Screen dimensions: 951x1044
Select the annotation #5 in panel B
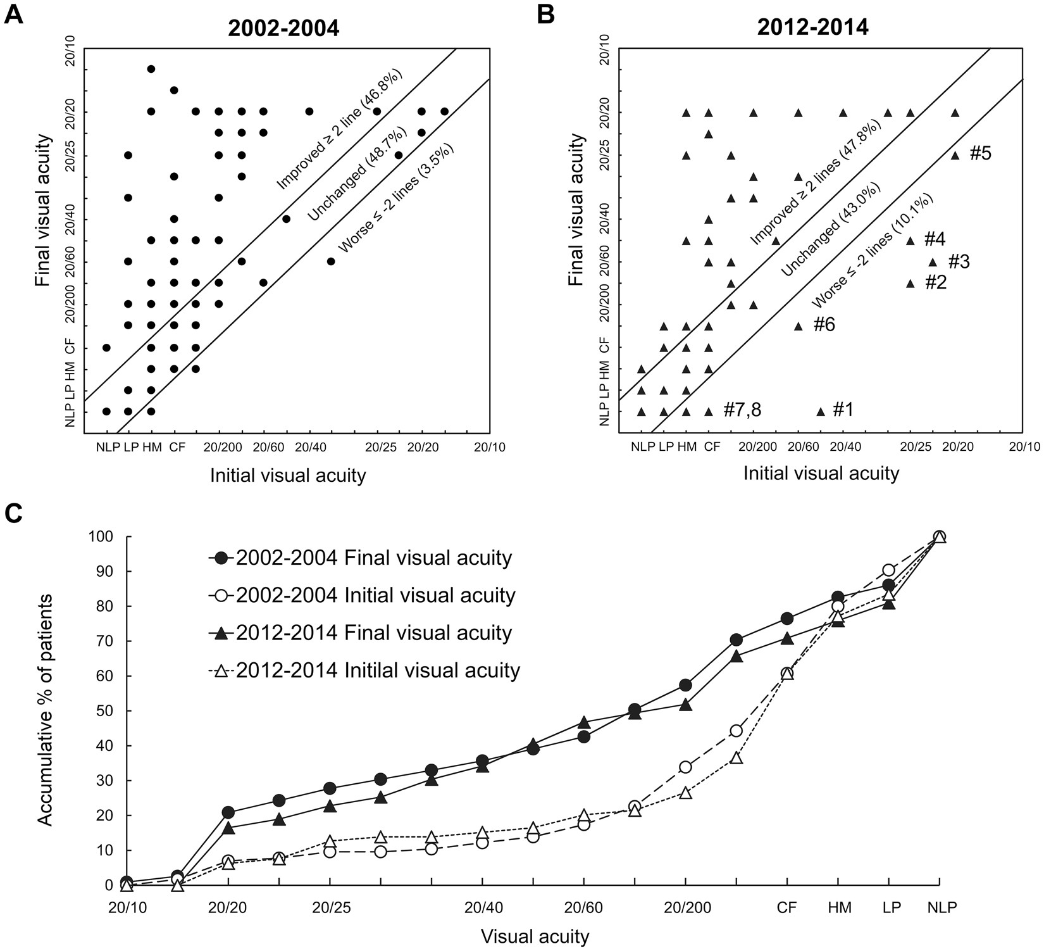click(980, 154)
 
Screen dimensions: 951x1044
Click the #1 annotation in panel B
click(843, 411)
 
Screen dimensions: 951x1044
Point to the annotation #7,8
click(742, 411)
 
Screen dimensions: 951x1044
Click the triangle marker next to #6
click(799, 326)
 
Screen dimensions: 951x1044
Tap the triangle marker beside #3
click(932, 262)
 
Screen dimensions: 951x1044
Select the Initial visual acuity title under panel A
click(289, 475)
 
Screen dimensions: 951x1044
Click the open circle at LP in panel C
click(888, 570)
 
